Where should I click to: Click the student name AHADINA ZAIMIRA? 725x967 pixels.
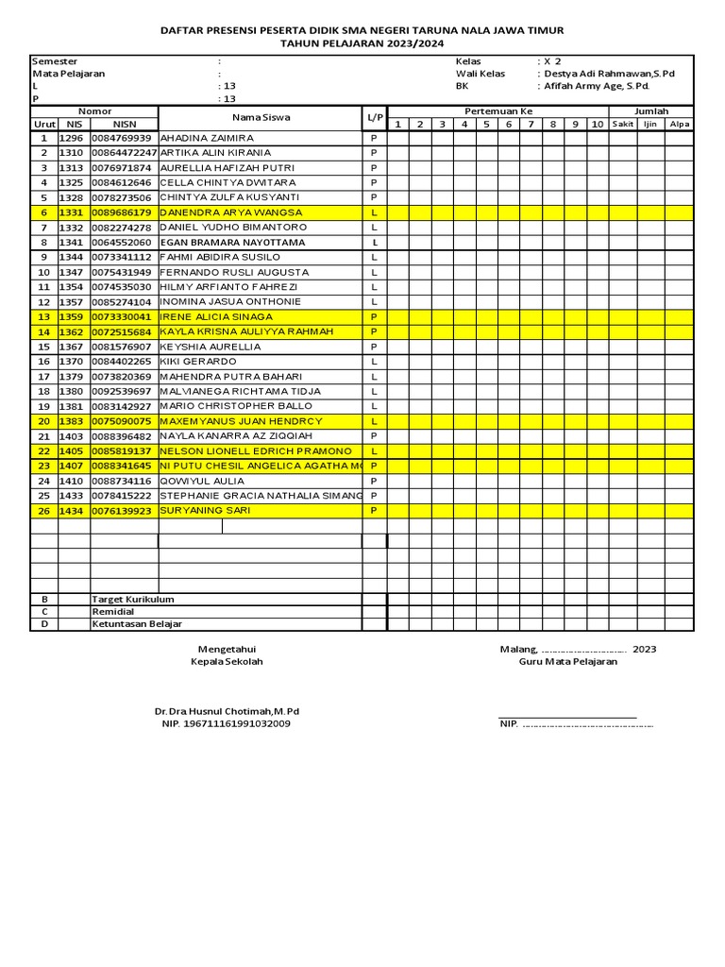(x=201, y=138)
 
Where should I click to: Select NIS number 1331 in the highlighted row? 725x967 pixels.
(x=72, y=212)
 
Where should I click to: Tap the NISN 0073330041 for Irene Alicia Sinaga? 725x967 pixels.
(x=121, y=317)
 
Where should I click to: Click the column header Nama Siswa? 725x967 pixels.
(x=261, y=118)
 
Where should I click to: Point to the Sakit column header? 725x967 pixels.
(x=622, y=125)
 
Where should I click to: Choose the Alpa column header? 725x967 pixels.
(x=679, y=125)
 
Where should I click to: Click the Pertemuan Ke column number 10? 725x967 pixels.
(x=597, y=125)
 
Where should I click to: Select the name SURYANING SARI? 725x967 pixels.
(x=199, y=511)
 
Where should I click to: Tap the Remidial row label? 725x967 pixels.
(x=113, y=612)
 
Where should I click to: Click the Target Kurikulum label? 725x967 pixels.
(x=133, y=600)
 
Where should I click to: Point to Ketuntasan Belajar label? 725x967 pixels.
(x=137, y=624)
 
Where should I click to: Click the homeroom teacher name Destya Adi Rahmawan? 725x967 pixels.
(x=610, y=74)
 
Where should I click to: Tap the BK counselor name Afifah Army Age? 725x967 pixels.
(x=598, y=86)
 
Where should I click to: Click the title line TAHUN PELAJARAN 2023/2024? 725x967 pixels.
(x=362, y=44)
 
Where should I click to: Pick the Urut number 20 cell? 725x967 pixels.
(x=43, y=421)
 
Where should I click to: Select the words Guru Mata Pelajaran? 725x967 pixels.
(x=568, y=662)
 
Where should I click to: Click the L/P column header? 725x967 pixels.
(x=375, y=118)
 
